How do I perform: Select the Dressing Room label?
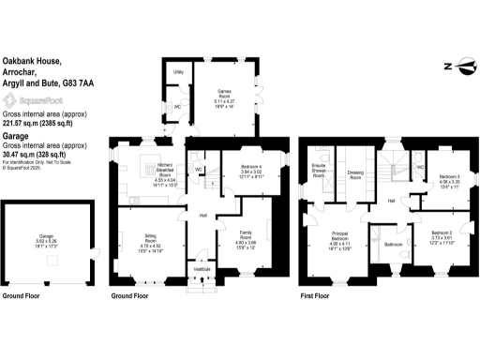(x=355, y=173)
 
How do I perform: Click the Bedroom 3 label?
(x=451, y=176)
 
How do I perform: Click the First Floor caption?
(x=314, y=296)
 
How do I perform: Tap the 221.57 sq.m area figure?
(x=21, y=121)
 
